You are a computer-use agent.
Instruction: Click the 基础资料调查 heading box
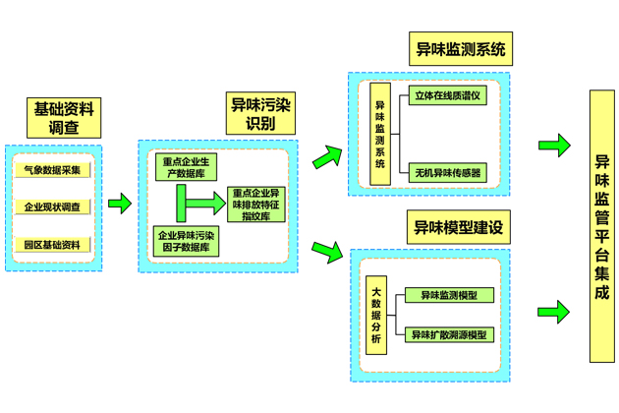[65, 118]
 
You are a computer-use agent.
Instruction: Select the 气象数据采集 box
[58, 170]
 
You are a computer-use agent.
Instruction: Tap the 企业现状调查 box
[58, 207]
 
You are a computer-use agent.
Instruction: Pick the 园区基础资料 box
[58, 244]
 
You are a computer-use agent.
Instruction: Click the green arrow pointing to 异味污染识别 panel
[120, 204]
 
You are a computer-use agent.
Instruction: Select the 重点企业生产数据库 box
[187, 167]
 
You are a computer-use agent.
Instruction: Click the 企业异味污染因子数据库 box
[187, 241]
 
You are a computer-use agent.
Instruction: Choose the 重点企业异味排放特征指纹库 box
[256, 204]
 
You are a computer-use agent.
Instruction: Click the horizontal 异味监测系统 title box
[461, 49]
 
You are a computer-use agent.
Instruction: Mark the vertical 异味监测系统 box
[380, 136]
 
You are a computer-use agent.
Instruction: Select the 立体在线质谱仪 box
[448, 96]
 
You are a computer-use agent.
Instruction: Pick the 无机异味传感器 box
[448, 173]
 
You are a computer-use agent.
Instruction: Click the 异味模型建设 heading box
[461, 228]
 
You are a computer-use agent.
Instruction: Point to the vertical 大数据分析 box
[375, 315]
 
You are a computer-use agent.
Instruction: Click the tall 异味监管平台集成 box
[600, 228]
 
